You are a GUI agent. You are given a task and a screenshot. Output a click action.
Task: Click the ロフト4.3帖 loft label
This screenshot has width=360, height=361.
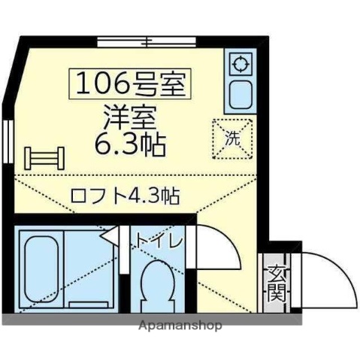click(x=124, y=197)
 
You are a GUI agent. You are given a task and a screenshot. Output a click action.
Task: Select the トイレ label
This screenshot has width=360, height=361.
click(x=159, y=241)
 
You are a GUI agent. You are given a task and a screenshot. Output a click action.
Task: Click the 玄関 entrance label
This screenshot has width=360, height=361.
click(x=277, y=282)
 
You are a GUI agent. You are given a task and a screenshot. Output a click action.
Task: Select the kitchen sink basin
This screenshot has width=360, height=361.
click(x=241, y=93)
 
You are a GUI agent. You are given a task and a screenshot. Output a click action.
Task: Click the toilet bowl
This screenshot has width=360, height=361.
click(x=159, y=284)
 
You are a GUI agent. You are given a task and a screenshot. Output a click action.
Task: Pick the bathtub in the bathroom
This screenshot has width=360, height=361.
click(x=41, y=269)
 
